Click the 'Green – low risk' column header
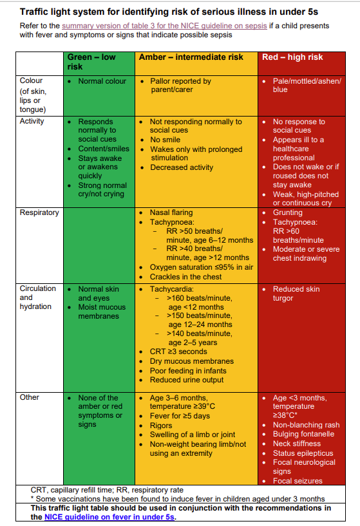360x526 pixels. [x=91, y=62]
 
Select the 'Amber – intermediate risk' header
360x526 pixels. [x=191, y=57]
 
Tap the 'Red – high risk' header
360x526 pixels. [x=293, y=57]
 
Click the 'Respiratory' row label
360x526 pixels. [x=39, y=212]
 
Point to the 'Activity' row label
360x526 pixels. [x=32, y=121]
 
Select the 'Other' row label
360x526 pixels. [x=30, y=397]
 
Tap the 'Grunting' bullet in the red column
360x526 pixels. [x=287, y=212]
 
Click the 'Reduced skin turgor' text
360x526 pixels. [x=296, y=294]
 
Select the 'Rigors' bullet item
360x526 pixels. [x=162, y=425]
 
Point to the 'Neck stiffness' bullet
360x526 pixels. [x=296, y=444]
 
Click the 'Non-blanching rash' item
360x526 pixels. [x=306, y=425]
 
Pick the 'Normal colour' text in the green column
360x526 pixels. [x=100, y=81]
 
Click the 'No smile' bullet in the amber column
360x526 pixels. [x=166, y=140]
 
